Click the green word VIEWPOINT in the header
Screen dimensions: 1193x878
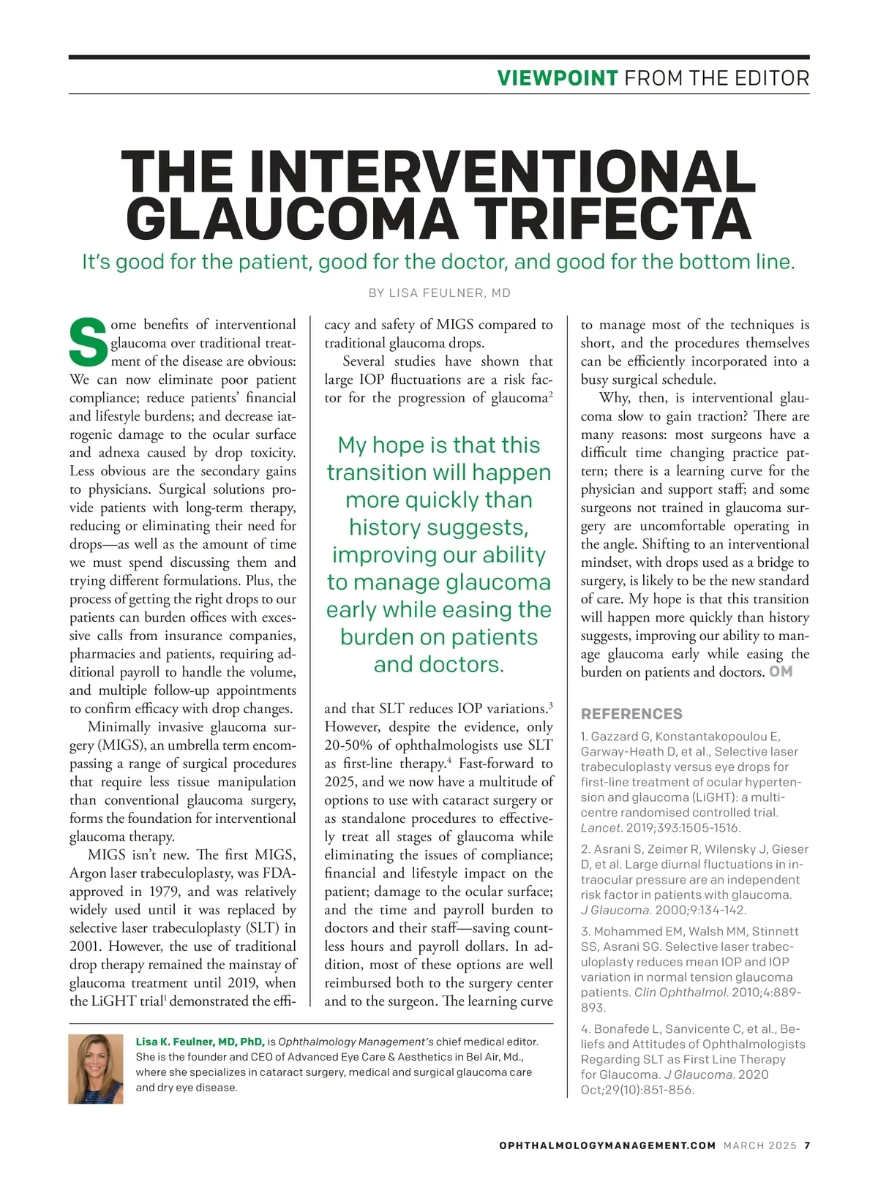pos(558,78)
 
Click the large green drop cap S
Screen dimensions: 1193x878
pos(89,342)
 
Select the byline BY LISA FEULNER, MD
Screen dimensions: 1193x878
pos(439,293)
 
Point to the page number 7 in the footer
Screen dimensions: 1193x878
pos(807,1145)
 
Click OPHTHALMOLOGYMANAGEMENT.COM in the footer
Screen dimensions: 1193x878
pos(607,1145)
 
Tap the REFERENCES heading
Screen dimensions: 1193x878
pos(631,714)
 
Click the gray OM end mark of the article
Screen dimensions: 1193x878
pos(781,671)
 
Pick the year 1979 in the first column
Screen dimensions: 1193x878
pos(165,892)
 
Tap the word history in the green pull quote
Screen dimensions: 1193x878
pos(386,527)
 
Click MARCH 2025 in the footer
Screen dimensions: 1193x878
pos(759,1145)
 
